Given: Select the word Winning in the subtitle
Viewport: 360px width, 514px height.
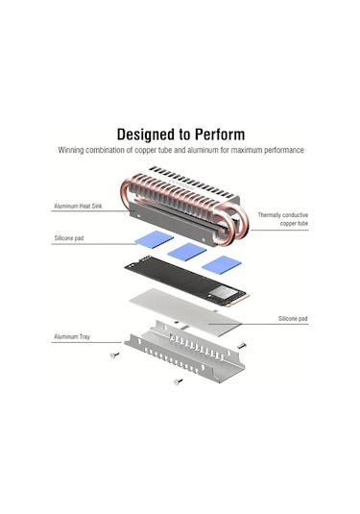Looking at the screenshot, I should pyautogui.click(x=74, y=151).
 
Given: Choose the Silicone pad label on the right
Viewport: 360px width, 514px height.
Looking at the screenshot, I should pyautogui.click(x=293, y=318).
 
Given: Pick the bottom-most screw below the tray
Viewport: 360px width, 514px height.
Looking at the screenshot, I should pyautogui.click(x=177, y=381).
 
